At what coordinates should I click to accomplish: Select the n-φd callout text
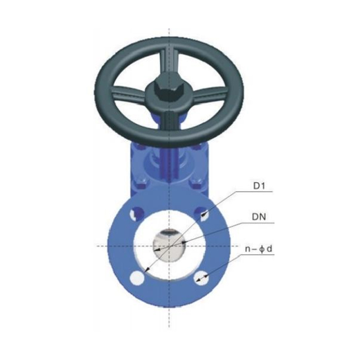[259, 247]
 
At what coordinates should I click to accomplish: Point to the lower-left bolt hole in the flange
[136, 277]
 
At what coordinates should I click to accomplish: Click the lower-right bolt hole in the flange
[202, 277]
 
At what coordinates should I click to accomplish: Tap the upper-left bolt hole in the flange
[136, 214]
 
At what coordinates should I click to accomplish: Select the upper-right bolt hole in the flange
[202, 214]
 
